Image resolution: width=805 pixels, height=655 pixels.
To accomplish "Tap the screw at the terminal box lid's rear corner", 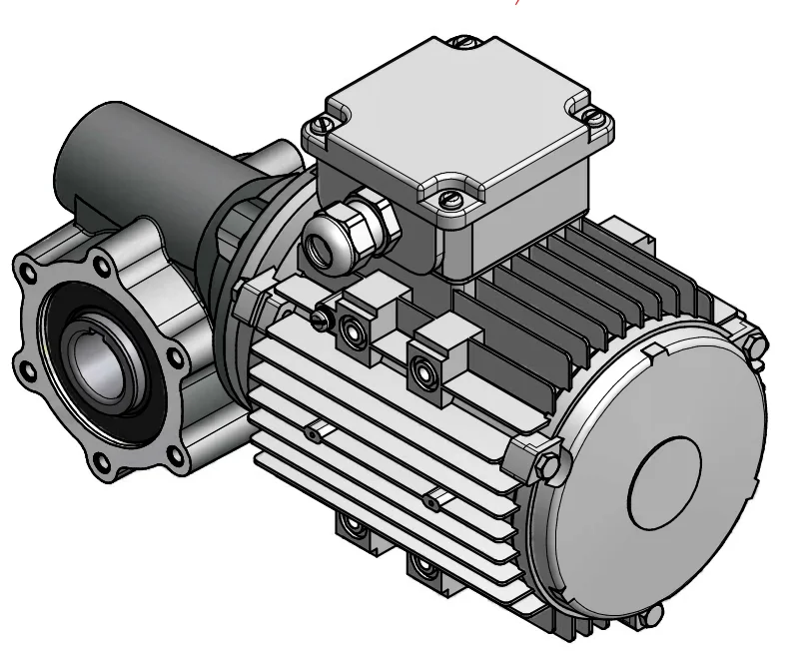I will tap(462, 43).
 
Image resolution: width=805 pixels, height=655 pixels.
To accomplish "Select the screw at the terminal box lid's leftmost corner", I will tap(319, 125).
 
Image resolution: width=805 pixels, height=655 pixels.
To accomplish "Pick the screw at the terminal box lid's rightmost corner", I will tap(595, 118).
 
